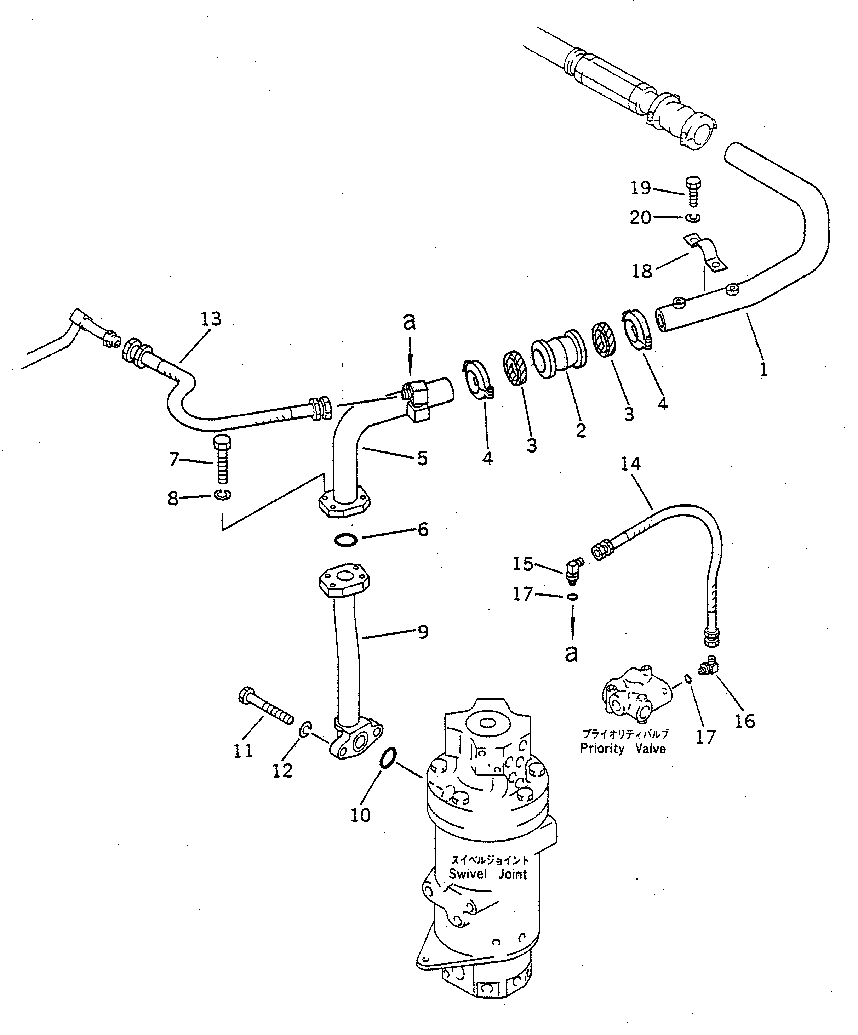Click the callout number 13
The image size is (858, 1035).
[211, 319]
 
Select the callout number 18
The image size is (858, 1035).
[642, 271]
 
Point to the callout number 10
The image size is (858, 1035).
[360, 815]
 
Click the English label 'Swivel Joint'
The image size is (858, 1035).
[488, 874]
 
